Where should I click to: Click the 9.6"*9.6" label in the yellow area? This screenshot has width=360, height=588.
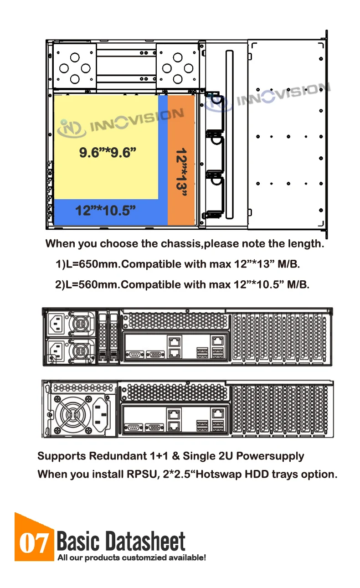pos(108,152)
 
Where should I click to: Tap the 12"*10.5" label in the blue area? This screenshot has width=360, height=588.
pos(106,211)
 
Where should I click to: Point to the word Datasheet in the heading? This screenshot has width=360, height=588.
pos(145,542)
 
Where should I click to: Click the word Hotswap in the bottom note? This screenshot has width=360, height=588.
pos(217,474)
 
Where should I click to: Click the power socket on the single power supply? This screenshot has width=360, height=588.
pos(101,413)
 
